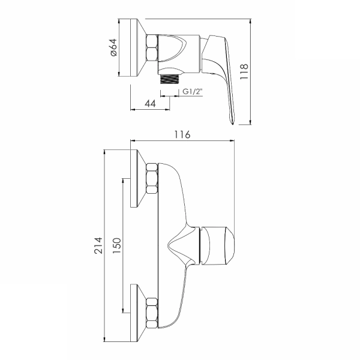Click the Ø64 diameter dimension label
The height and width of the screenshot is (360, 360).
[x=114, y=47]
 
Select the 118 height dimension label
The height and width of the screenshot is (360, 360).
[x=244, y=71]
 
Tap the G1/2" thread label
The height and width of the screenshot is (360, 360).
[x=193, y=91]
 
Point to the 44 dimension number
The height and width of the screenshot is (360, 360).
[x=150, y=104]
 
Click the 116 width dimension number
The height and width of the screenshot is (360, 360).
[x=182, y=134]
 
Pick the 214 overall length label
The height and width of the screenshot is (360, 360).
[x=98, y=245]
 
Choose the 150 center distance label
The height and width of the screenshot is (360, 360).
[x=117, y=245]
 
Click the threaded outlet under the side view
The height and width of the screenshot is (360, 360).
[x=170, y=79]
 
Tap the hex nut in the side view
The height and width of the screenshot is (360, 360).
[x=152, y=47]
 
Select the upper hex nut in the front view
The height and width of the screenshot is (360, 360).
[x=152, y=178]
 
